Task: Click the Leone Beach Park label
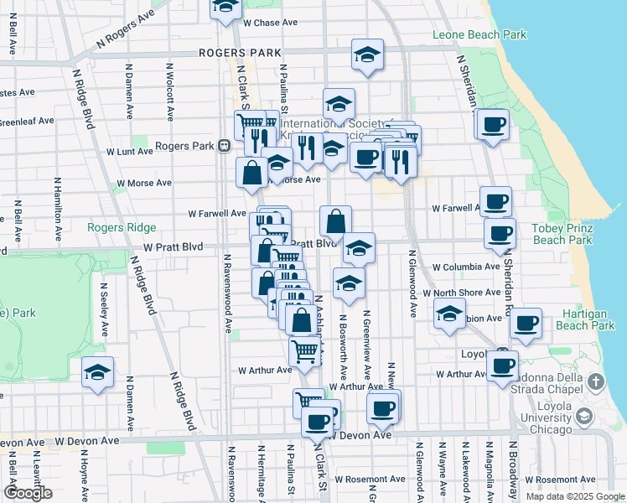tap(479, 34)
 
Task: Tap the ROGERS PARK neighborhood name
tap(240, 53)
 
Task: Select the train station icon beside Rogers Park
tap(224, 146)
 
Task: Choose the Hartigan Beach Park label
tap(585, 319)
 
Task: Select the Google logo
tap(28, 492)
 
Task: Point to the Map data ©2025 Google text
tap(575, 496)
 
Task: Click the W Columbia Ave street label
tap(466, 267)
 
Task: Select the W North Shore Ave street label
tap(462, 293)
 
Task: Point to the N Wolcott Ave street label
tap(170, 91)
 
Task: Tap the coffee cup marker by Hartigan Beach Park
tap(526, 324)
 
